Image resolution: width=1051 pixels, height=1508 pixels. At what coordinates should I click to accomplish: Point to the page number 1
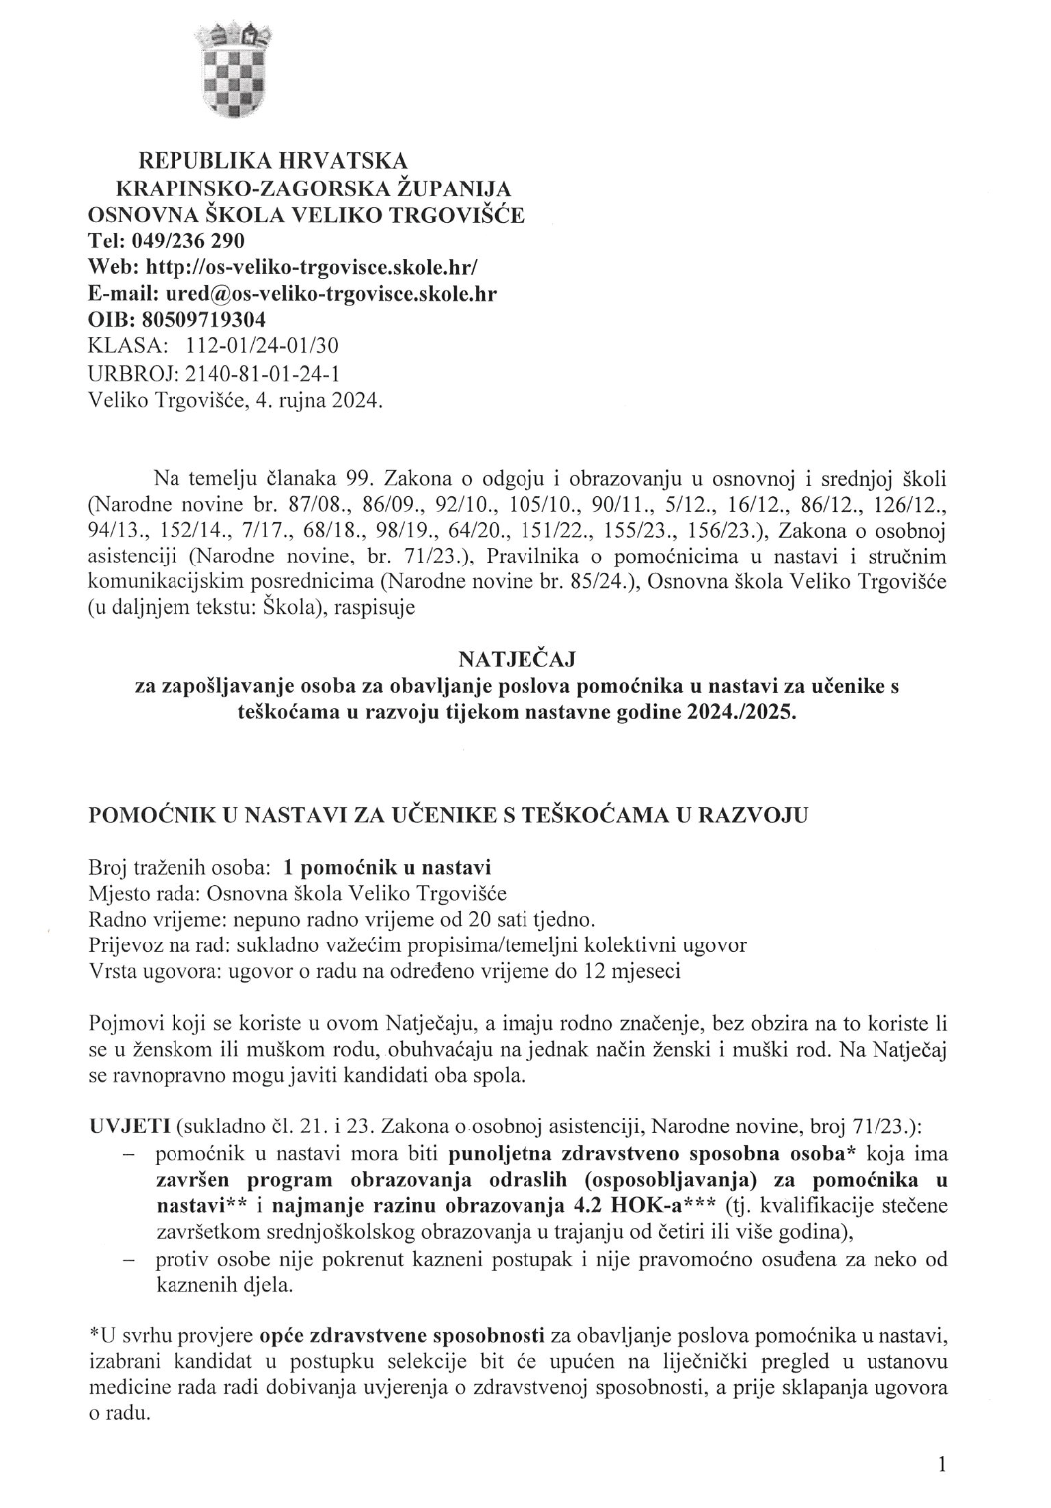[x=941, y=1464]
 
